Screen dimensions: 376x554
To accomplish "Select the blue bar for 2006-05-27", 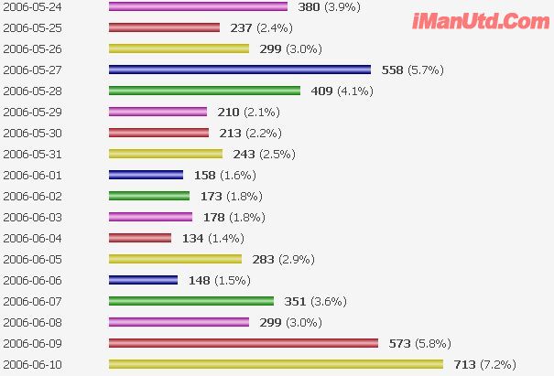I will (x=240, y=70).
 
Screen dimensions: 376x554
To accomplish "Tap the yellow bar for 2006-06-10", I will (x=276, y=364).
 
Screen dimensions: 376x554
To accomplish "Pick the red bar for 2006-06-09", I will (x=244, y=343).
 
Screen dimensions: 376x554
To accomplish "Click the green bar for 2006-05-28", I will (x=204, y=91).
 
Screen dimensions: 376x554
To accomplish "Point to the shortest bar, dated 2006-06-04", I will (x=140, y=238).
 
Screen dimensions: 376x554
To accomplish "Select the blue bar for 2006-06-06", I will (x=143, y=280).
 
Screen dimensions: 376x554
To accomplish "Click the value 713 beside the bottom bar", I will (x=464, y=364).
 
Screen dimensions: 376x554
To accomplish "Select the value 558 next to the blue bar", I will (x=393, y=70).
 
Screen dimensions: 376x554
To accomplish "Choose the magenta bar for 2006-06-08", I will (x=179, y=322).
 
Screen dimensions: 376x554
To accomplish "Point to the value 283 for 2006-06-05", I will (x=263, y=259).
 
